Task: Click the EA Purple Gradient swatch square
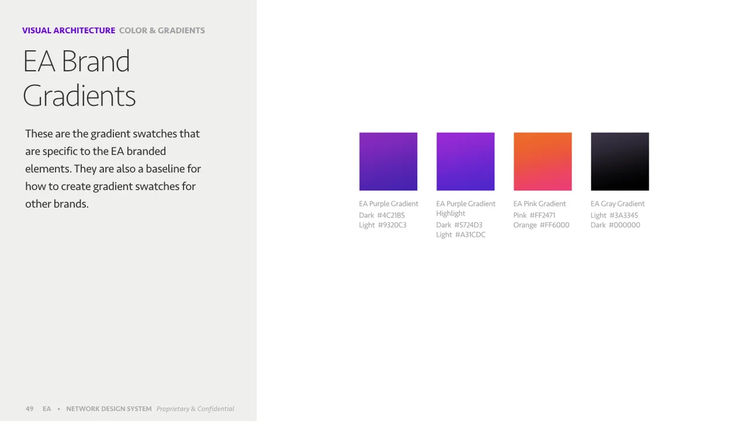pos(388,161)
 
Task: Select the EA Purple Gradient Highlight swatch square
pos(465,161)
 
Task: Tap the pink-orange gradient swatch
pos(542,161)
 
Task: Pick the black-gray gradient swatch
pos(619,161)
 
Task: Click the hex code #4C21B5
pos(391,215)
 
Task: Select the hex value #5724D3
pos(468,225)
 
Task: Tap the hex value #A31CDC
pos(470,235)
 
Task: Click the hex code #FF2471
pos(542,215)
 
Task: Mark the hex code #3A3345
pos(624,215)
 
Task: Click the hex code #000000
pos(624,225)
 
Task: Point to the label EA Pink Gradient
pos(539,204)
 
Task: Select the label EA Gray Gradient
pos(618,204)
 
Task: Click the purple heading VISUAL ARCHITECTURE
pos(68,30)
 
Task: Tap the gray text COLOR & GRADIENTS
pos(162,30)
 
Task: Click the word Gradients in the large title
pos(79,96)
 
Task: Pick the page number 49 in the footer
pos(30,409)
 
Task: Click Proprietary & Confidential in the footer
pos(195,409)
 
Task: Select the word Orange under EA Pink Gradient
pos(525,225)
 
